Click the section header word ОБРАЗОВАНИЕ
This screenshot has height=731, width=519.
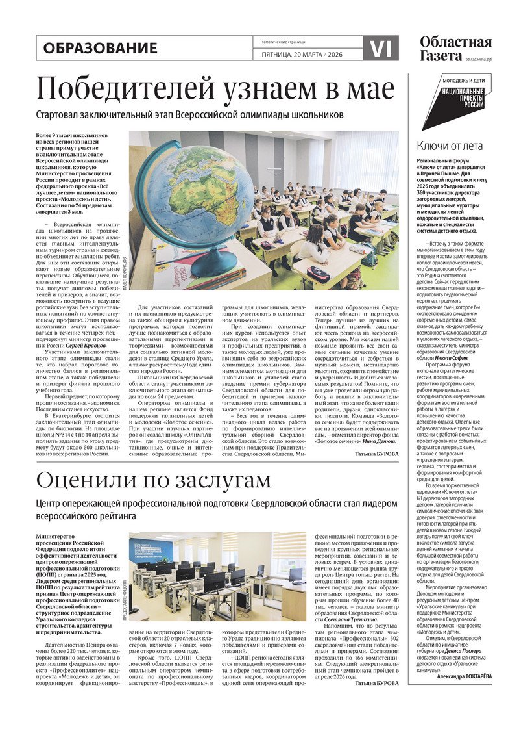101,48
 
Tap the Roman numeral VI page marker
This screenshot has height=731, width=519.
380,48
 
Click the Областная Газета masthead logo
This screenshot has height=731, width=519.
455,48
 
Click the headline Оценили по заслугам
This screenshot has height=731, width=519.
153,480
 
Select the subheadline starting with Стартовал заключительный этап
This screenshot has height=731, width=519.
189,115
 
